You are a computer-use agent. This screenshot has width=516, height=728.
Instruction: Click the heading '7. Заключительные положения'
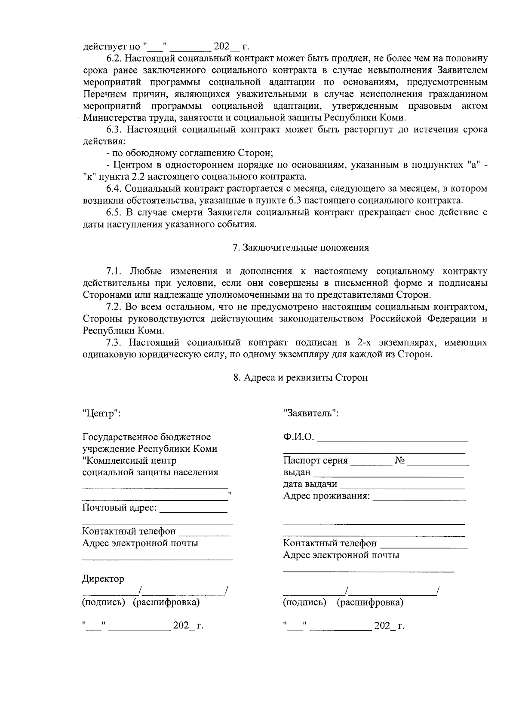pos(301,248)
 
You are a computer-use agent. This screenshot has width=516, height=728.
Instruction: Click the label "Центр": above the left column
pos(101,413)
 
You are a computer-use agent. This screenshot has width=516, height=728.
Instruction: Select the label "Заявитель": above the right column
pos(311,413)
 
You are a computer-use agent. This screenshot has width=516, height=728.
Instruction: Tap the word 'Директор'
pos(103,579)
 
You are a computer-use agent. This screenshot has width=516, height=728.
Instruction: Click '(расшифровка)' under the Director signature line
pos(166,602)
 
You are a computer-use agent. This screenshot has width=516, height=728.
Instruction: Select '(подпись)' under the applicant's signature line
pos(304,602)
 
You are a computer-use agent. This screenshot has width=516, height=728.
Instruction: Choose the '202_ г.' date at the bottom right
pos(390,626)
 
